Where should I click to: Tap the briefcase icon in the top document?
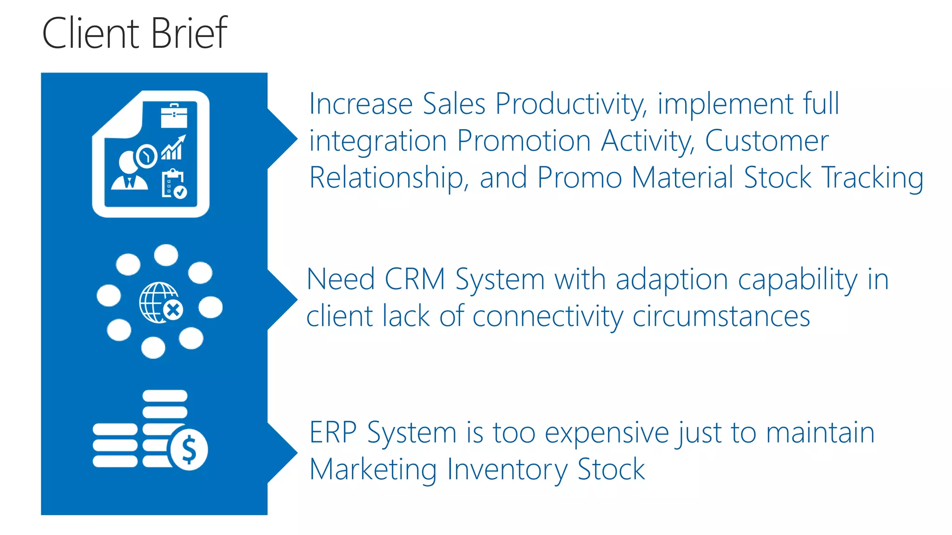[174, 116]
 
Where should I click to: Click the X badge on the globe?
[173, 310]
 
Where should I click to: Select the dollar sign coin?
[189, 449]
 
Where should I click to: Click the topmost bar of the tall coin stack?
[165, 396]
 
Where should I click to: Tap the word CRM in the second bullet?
[415, 280]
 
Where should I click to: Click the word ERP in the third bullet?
[333, 432]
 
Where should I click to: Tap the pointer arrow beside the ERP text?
[284, 452]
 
